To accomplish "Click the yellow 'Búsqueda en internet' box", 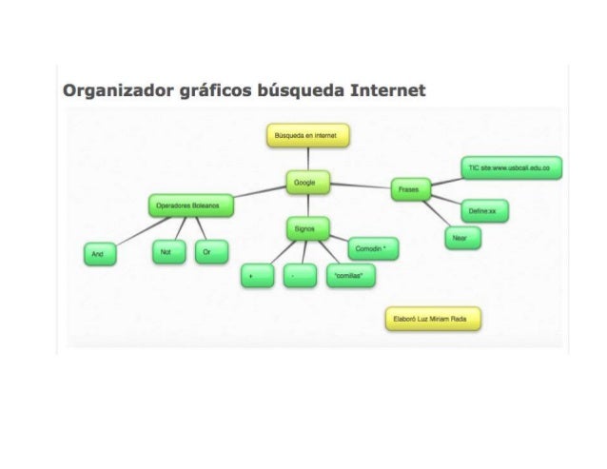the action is coord(307,138).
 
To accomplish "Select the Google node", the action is coord(307,183).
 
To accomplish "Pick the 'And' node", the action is coord(98,255).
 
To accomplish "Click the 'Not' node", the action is coord(166,252).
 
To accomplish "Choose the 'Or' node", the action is coord(207,252).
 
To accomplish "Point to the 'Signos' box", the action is coord(306,228).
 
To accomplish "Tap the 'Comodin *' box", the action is coord(373,248).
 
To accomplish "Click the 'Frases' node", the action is coord(411,189).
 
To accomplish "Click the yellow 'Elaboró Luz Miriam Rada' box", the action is coord(430,321).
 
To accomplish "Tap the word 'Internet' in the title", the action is coord(389,91).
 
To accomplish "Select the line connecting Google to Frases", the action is coord(360,186).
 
